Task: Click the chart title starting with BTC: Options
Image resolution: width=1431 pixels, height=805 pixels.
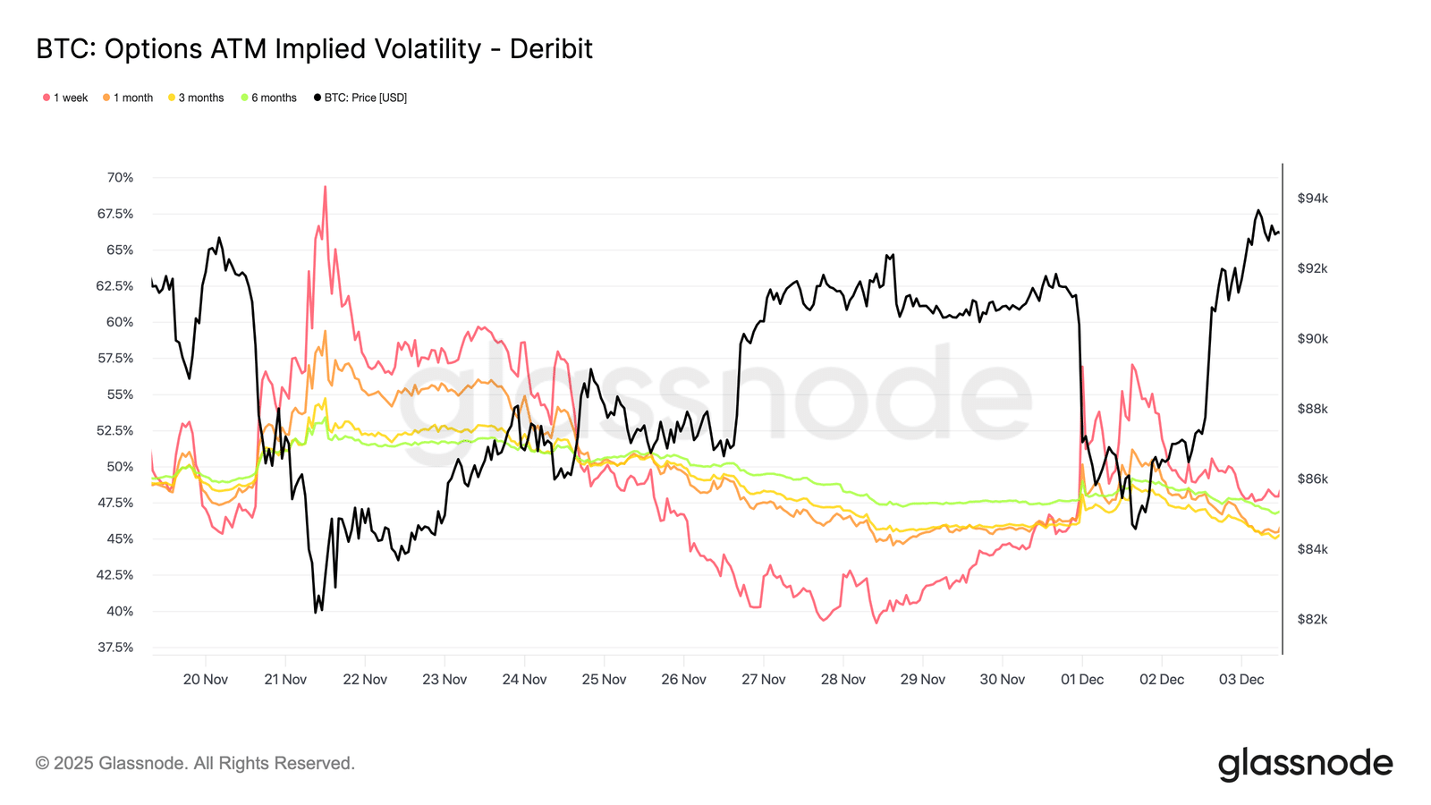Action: pos(314,48)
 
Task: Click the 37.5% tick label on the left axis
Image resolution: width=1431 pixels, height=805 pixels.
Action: pos(115,647)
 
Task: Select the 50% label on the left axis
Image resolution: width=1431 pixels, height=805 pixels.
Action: pos(120,466)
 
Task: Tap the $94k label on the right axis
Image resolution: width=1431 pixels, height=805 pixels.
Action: pos(1312,199)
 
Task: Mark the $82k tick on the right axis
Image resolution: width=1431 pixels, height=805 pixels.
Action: pos(1312,619)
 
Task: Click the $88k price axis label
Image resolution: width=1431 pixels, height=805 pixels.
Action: pos(1312,409)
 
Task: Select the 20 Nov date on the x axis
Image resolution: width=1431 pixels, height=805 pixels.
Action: pos(206,679)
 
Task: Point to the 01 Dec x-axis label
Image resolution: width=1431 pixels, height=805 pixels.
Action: pos(1082,679)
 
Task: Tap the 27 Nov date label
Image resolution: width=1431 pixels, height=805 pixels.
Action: pos(763,679)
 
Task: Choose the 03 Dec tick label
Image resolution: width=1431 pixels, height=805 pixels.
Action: pos(1241,679)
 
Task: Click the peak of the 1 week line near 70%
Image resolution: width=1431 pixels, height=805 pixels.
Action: pos(325,186)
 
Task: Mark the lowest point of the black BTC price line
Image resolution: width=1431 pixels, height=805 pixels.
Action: pos(316,612)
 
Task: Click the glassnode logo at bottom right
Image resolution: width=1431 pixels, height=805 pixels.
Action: pos(1305,764)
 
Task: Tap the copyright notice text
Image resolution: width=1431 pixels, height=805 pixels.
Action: pos(195,763)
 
